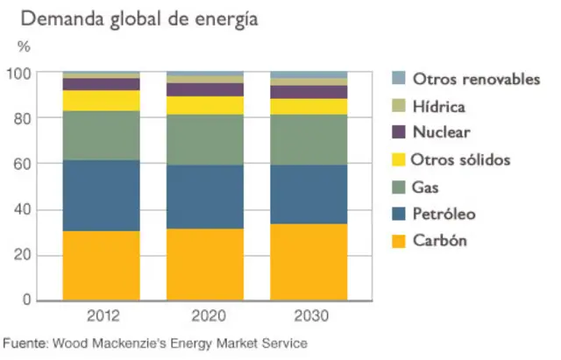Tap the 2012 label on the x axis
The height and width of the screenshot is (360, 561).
pos(102,315)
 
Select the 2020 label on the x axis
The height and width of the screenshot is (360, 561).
pos(205,315)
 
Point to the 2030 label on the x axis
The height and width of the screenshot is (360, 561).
pos(309,315)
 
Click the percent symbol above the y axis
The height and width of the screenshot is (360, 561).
pos(24,45)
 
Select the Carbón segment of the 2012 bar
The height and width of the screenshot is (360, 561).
pos(102,265)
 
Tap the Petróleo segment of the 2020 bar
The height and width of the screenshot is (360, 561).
pos(205,197)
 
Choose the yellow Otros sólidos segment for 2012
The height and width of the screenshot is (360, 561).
pos(102,101)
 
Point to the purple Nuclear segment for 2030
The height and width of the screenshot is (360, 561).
pos(309,92)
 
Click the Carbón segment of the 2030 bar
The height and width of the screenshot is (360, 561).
pos(309,262)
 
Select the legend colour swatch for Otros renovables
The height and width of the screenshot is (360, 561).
pos(399,79)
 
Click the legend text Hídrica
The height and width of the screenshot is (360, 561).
pos(438,106)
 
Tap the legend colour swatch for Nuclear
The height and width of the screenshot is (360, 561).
pos(399,132)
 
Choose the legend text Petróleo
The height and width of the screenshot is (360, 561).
pos(446,214)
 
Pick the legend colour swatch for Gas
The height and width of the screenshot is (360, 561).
pos(399,187)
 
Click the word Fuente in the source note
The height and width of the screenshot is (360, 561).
pos(25,343)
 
